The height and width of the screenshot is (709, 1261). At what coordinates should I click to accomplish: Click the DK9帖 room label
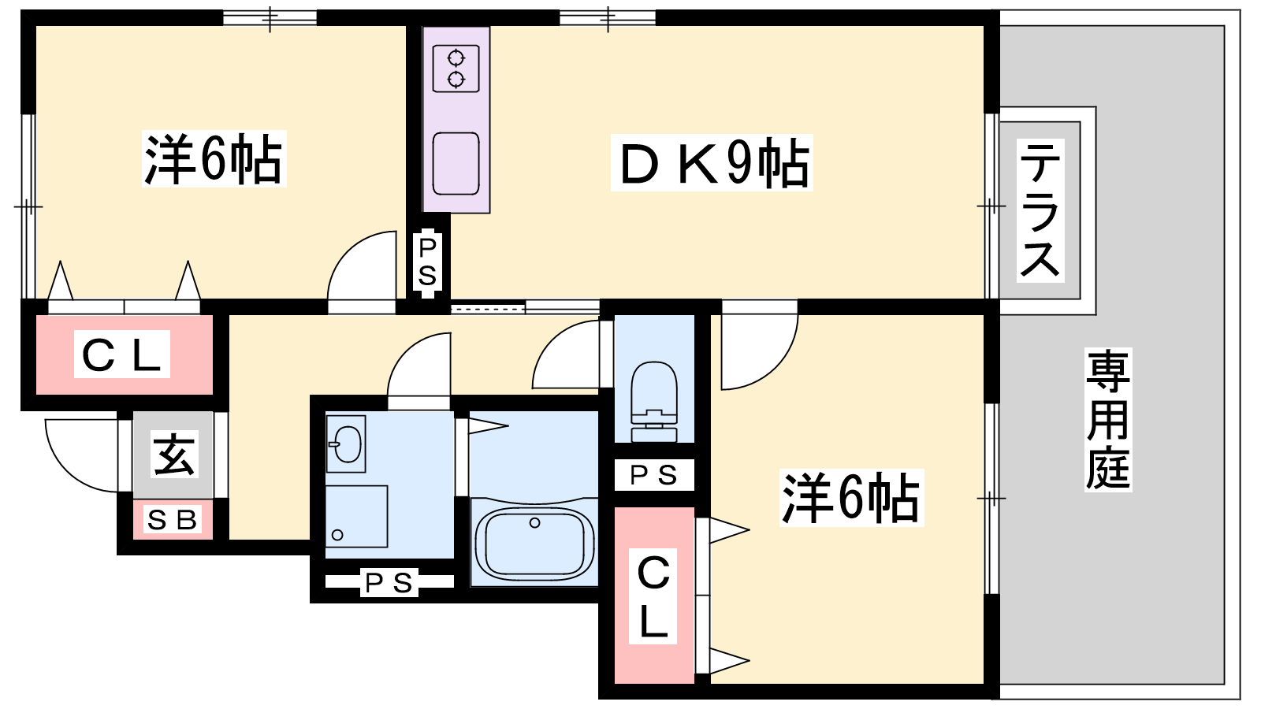coord(712,163)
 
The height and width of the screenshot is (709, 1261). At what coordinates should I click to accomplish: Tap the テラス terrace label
coord(1040,210)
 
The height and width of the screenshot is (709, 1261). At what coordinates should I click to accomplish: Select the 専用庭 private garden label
coord(1108,420)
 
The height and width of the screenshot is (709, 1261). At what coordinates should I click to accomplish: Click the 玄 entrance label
coord(173,455)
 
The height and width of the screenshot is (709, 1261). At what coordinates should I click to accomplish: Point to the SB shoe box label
coord(173,520)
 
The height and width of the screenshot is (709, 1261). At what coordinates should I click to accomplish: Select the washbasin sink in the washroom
coord(346,444)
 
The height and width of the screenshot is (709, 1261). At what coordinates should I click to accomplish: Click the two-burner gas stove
coord(456,69)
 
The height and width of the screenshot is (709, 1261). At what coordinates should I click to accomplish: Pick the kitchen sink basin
coord(456,164)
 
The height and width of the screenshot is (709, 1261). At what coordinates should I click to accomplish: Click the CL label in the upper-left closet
coord(122,354)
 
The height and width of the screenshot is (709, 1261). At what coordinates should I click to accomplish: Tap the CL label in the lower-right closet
coord(653,596)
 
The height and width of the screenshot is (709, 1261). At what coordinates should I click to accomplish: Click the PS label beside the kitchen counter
coord(427,262)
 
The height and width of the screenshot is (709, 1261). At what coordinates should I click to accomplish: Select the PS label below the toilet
coord(653,475)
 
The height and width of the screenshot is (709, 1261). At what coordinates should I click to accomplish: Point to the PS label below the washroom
coord(389,583)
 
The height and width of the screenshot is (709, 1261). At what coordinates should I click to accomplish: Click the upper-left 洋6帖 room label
coord(213,160)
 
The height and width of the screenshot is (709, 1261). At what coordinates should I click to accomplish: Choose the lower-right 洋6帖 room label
coord(850,498)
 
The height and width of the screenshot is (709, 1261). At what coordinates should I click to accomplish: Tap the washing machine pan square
coord(356,516)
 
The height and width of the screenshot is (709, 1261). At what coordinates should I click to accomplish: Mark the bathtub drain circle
coord(535,522)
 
